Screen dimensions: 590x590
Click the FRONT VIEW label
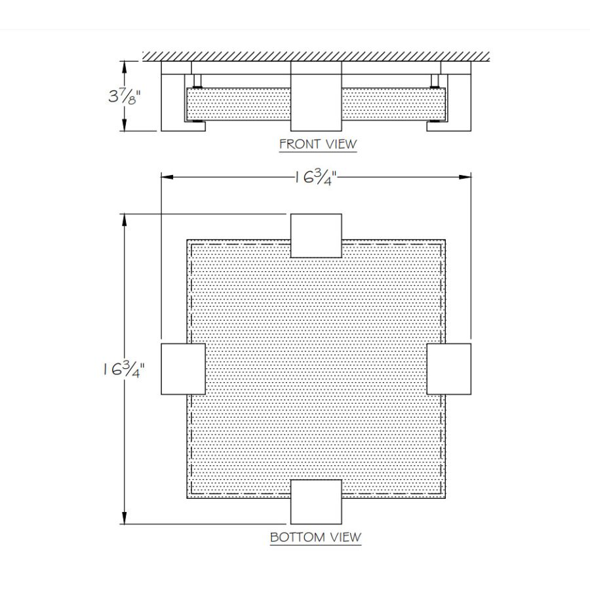coord(318,144)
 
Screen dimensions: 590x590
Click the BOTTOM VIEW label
coord(316,537)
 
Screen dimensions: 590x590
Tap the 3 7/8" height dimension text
coord(124,97)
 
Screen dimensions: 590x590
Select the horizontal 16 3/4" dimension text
coord(315,177)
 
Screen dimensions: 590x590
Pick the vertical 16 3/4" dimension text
coord(124,369)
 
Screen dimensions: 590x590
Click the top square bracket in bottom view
coord(316,235)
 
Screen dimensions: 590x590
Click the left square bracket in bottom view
coord(184,368)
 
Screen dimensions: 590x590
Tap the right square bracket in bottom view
coord(449,368)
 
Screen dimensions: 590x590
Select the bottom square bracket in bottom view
coord(316,501)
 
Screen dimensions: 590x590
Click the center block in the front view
coord(316,96)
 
